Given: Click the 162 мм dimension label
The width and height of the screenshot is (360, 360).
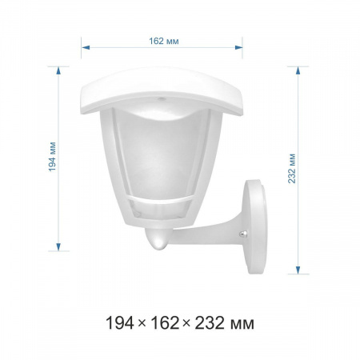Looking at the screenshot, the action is tap(163, 41).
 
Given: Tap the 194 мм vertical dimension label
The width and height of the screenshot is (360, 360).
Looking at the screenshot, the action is tap(52, 157).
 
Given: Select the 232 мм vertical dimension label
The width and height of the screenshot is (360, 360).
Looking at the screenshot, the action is tap(292, 168).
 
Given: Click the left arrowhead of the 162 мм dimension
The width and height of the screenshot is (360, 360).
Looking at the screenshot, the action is tap(86, 48).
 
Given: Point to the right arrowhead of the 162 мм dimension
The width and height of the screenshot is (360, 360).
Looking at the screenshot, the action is tap(238, 48).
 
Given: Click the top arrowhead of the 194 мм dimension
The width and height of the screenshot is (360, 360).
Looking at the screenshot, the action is tap(58, 70).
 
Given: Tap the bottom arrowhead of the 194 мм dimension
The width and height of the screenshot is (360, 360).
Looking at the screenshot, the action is tap(58, 247).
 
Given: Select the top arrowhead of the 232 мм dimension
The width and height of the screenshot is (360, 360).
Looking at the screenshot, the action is tap(298, 70).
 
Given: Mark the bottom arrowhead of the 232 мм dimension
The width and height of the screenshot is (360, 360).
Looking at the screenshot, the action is tap(298, 270).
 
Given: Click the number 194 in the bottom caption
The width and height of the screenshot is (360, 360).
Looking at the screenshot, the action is tap(120, 323).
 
